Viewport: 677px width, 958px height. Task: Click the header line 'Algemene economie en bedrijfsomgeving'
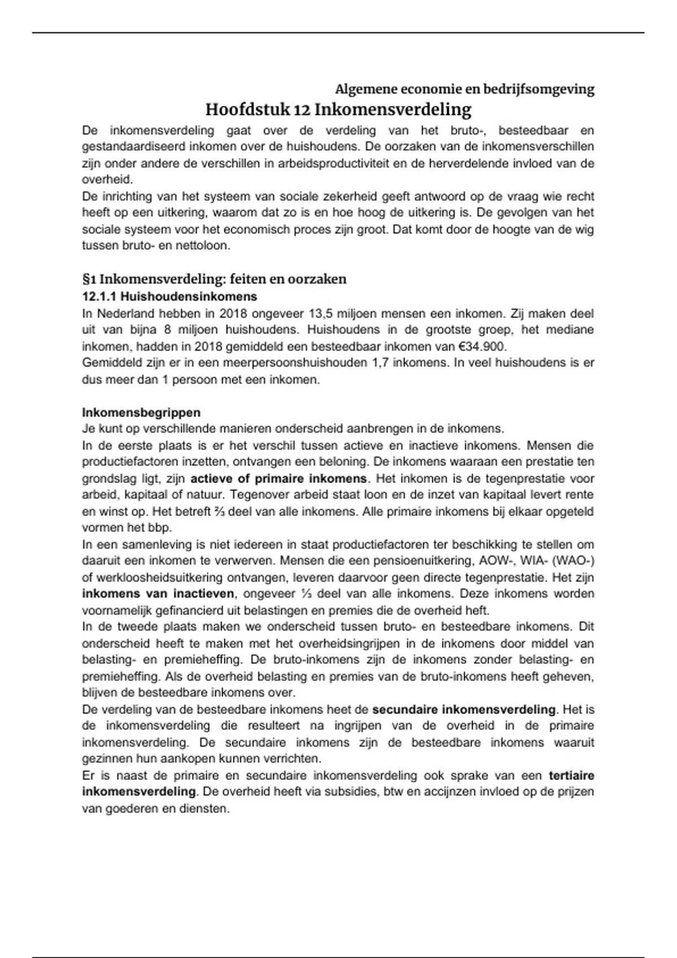(x=464, y=89)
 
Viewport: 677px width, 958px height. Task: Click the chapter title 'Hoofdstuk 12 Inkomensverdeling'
(x=338, y=109)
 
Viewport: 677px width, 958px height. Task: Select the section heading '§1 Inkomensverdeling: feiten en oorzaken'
(x=214, y=280)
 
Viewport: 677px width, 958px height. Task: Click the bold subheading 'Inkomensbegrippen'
(x=141, y=413)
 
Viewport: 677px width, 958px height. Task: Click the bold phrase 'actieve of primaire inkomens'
(x=279, y=479)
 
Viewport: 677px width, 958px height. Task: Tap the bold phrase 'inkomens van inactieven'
(x=158, y=594)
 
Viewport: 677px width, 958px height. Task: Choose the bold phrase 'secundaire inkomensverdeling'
(x=464, y=709)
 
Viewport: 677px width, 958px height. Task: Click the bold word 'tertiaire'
(x=571, y=776)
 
